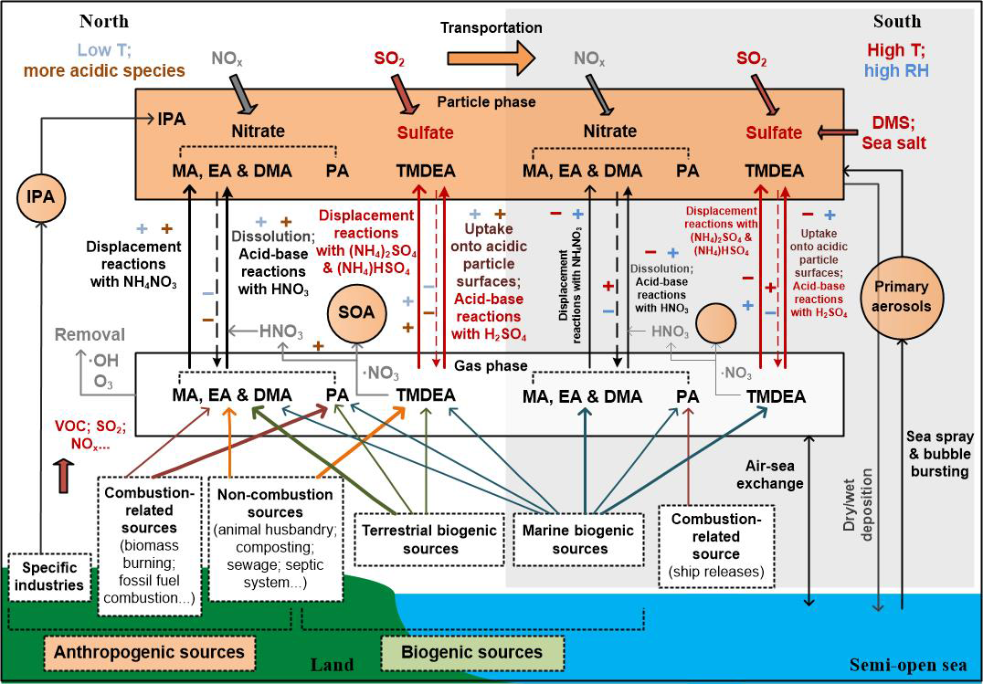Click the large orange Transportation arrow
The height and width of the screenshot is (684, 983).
tap(491, 58)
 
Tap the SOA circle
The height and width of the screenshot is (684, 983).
tap(356, 312)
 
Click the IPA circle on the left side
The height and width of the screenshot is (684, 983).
tap(41, 197)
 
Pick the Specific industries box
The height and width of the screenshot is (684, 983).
tap(49, 577)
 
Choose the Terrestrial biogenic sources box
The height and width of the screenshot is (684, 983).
tap(430, 539)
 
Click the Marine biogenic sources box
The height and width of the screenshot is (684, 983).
tap(578, 539)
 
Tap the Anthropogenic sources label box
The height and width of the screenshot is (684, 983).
tap(149, 653)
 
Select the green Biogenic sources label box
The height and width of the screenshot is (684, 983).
tap(472, 653)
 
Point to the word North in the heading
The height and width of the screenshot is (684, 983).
tap(104, 21)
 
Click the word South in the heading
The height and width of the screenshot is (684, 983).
tap(897, 21)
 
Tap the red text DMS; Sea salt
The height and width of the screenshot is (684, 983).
tap(893, 132)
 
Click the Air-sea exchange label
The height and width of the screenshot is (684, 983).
tap(774, 475)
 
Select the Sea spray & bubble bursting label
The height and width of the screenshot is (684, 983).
tap(939, 453)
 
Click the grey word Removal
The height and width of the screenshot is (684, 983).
tap(90, 335)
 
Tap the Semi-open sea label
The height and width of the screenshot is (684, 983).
tap(908, 665)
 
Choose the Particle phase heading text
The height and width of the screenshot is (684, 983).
tap(487, 101)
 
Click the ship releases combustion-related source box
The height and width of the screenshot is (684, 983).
tap(716, 546)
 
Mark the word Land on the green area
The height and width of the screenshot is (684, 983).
tap(333, 665)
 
